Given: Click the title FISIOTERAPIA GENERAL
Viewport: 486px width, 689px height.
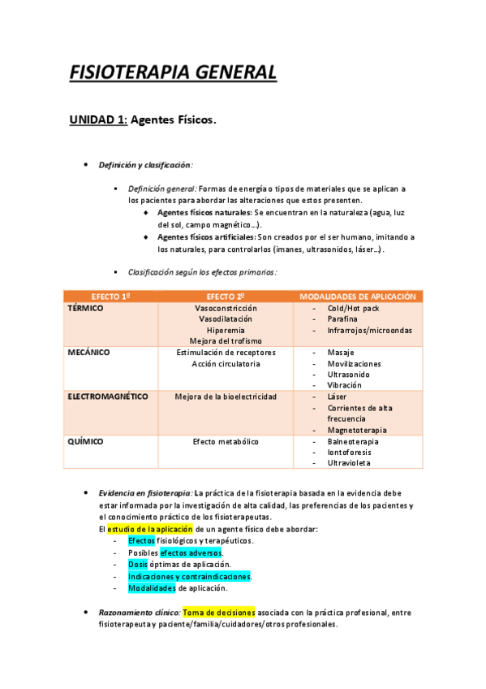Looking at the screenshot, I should pyautogui.click(x=174, y=72).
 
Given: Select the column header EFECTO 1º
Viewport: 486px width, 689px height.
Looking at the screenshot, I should pyautogui.click(x=111, y=297).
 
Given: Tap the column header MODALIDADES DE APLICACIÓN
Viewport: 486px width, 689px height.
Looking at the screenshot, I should pyautogui.click(x=358, y=297).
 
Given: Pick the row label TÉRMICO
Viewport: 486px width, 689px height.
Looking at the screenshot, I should pyautogui.click(x=85, y=309).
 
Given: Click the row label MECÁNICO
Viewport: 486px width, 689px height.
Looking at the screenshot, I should pyautogui.click(x=88, y=353).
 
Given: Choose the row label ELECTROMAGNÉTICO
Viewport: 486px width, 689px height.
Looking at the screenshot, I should pyautogui.click(x=107, y=396).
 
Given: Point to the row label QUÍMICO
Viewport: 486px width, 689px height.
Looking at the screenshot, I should pyautogui.click(x=86, y=441).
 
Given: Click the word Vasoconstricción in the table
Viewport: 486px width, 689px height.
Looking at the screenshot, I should pyautogui.click(x=226, y=309).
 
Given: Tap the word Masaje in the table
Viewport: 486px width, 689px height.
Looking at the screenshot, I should pyautogui.click(x=341, y=353).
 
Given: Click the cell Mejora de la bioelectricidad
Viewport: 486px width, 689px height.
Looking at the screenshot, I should pyautogui.click(x=226, y=396).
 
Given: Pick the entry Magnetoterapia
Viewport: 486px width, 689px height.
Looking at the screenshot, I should pyautogui.click(x=357, y=430).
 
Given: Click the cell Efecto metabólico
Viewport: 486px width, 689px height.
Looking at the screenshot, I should pyautogui.click(x=226, y=441).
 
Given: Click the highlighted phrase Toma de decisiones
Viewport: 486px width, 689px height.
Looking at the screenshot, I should pyautogui.click(x=219, y=612).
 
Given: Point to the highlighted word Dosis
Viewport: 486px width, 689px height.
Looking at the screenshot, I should pyautogui.click(x=138, y=564).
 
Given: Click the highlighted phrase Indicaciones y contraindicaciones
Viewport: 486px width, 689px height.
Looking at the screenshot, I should pyautogui.click(x=189, y=576).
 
